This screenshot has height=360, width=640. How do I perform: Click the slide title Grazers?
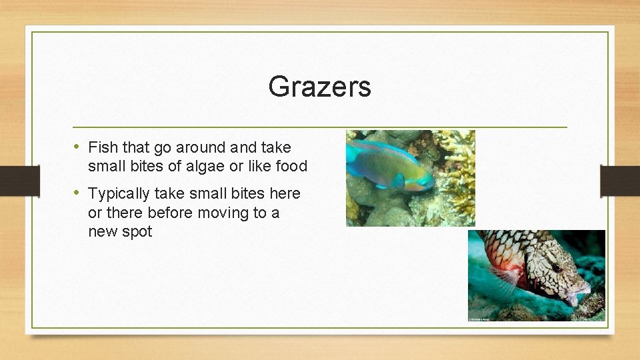point(319,87)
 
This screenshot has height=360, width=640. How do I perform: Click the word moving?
point(221,213)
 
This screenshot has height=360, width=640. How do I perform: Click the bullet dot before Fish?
point(77,147)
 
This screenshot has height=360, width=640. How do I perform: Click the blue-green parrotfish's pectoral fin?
point(398,179)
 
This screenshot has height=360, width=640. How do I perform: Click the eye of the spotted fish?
point(556,267)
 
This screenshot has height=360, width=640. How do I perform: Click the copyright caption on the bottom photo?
point(483,319)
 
